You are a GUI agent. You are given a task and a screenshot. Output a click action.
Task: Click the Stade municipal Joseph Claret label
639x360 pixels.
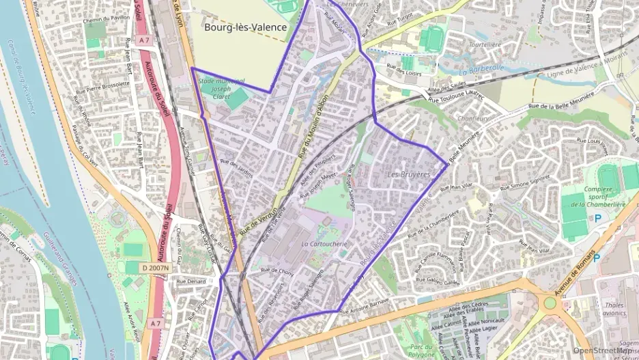[x=213, y=89]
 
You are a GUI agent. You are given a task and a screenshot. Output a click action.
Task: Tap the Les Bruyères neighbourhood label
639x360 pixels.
[x=409, y=175]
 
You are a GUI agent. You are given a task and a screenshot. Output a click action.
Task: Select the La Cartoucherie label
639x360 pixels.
[x=324, y=244]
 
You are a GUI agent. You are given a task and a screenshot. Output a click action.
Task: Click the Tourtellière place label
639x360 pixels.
[x=485, y=44]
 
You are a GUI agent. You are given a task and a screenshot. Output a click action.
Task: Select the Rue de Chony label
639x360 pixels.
[x=276, y=271]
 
